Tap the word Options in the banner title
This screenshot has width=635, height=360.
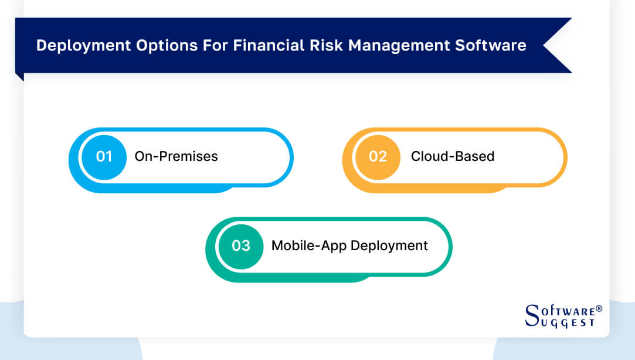click(152, 45)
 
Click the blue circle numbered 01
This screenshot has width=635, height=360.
click(104, 156)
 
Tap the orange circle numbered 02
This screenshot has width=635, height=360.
click(378, 156)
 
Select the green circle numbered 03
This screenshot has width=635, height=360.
click(241, 245)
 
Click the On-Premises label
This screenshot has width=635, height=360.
click(176, 156)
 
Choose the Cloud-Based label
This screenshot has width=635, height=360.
click(453, 156)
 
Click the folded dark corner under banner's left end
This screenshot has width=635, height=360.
click(19, 76)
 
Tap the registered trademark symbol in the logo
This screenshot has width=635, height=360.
click(599, 308)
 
